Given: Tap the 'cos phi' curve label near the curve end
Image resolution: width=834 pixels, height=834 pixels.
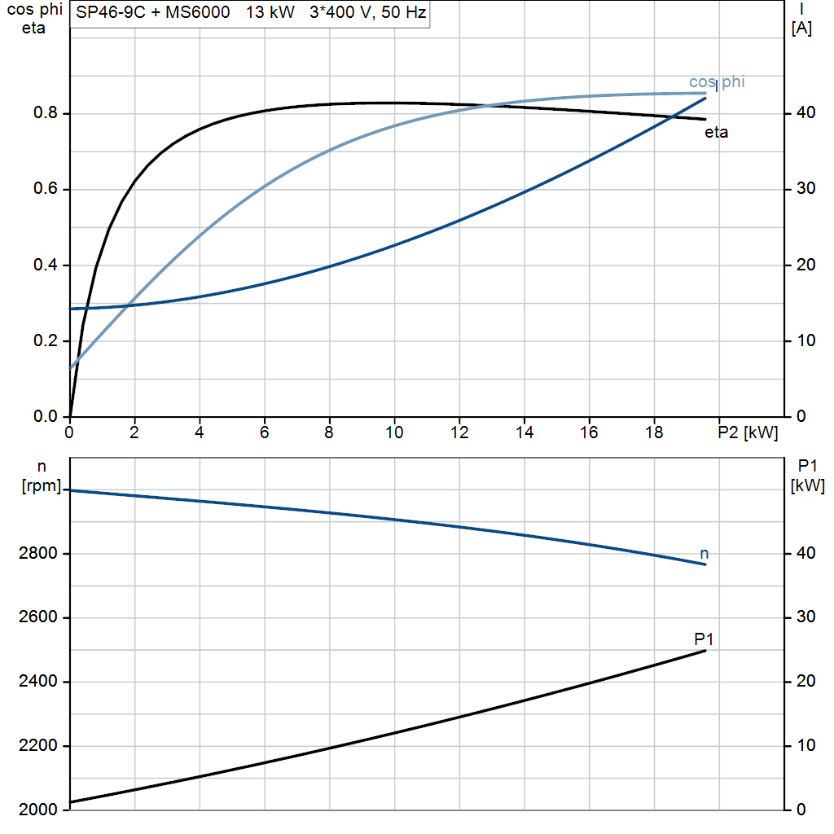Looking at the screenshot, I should click(717, 81).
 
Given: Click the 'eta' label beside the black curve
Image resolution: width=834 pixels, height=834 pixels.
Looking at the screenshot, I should click(716, 133).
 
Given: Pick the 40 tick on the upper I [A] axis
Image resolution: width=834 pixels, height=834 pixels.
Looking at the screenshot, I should click(805, 113).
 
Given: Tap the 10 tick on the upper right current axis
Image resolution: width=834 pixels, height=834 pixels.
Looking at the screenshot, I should click(805, 341).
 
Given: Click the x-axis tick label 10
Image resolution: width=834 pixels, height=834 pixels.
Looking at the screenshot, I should click(394, 433).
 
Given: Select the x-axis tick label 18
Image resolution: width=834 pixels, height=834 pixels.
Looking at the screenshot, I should click(654, 433).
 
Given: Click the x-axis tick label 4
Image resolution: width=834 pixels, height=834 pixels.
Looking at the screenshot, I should click(200, 433).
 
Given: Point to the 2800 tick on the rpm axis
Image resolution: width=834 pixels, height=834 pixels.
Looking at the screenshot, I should click(38, 554).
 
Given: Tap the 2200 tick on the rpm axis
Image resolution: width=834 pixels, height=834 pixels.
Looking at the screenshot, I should click(38, 746).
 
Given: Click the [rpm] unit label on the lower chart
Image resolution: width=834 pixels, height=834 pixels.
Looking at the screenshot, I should click(40, 486).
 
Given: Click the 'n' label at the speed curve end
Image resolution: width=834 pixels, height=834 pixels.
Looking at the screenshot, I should click(705, 554).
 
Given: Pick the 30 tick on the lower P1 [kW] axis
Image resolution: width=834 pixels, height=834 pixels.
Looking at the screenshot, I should click(805, 617).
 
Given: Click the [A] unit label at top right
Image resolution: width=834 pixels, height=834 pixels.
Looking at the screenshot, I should click(801, 29).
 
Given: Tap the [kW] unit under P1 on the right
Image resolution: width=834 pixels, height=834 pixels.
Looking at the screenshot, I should click(808, 486).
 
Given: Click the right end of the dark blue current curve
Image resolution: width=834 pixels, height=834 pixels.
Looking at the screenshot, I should click(705, 98).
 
